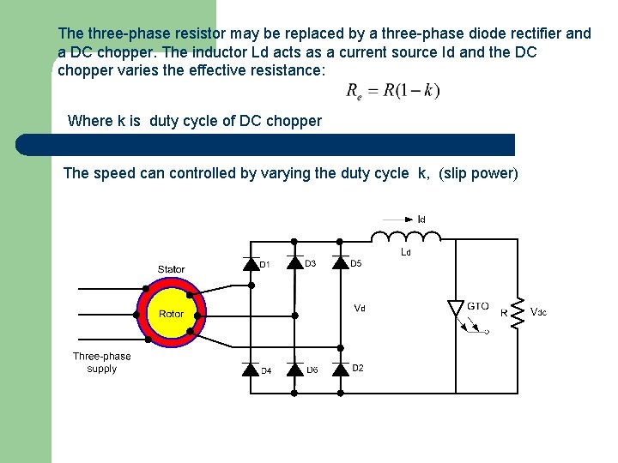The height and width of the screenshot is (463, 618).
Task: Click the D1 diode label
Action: pos(265,265)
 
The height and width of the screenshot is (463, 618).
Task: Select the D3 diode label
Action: pos(310,264)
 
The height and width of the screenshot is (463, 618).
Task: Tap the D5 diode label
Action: pos(356,264)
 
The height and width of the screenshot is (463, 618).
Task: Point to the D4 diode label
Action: pos(266,371)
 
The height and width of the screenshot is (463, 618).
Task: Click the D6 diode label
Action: pos(312,370)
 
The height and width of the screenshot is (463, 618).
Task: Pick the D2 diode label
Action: pos(358,368)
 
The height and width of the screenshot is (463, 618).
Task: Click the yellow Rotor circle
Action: pos(171,314)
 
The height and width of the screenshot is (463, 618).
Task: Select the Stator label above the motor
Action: pos(171,269)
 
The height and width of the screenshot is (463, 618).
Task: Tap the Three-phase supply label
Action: pos(101,363)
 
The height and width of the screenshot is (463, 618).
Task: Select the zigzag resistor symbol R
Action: pos(518,312)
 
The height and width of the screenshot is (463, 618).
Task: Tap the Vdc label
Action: pos(539,312)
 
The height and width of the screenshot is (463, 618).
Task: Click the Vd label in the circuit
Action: pos(359,308)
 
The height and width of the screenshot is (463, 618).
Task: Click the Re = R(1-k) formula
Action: pos(393,91)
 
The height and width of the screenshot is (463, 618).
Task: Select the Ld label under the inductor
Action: pos(406,253)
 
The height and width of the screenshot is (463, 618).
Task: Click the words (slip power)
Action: pos(478,173)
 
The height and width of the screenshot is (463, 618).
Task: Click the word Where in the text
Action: pos(89,121)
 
